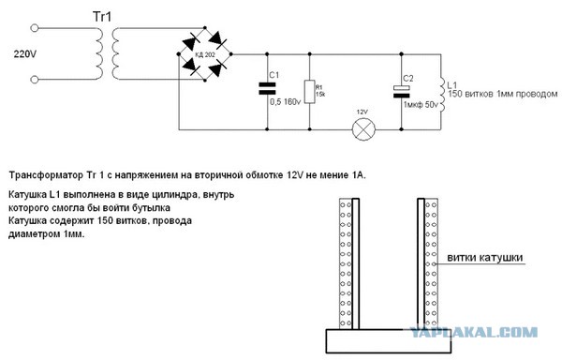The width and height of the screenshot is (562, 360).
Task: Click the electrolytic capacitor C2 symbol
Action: [404, 90]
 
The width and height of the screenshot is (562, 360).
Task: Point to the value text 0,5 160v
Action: [284, 101]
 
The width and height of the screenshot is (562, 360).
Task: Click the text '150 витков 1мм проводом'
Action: [492, 94]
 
